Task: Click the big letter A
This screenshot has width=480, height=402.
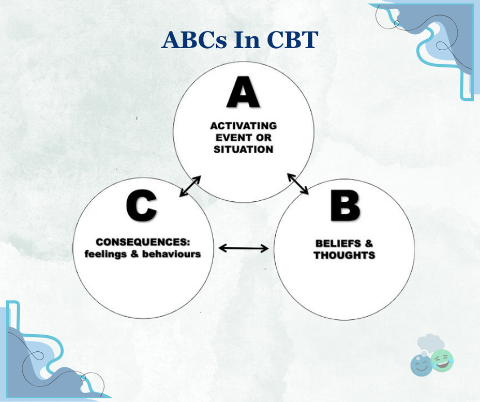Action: point(243,92)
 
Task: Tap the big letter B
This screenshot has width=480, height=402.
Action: point(345,205)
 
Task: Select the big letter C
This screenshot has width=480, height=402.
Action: point(141,205)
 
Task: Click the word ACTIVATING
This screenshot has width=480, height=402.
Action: point(244,126)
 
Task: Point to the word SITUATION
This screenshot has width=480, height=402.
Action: point(244,150)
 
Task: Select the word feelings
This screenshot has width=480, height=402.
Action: point(106,254)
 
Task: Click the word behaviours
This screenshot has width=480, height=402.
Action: point(171,254)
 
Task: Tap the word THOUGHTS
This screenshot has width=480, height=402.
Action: point(344,256)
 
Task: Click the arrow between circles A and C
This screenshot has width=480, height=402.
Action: point(190,186)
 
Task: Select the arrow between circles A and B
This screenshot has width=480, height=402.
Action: point(298,184)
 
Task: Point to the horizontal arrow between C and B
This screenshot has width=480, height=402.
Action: point(244,248)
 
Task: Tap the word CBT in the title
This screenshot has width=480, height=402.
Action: point(292,40)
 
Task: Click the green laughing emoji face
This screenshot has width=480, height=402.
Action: point(441,360)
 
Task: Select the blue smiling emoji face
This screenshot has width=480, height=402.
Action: point(421,365)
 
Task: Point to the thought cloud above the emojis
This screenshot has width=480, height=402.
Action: point(430,343)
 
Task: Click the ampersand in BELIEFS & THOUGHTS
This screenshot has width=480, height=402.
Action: point(369,243)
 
